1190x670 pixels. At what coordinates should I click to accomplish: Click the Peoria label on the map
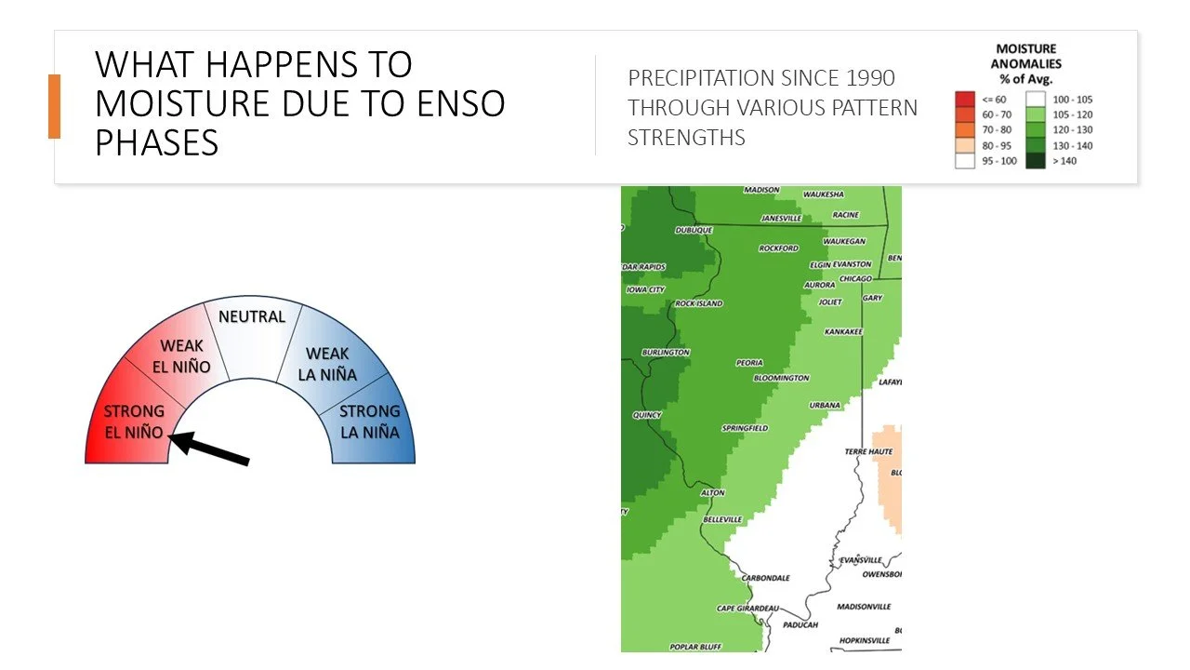click(749, 363)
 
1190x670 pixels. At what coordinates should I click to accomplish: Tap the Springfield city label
click(745, 428)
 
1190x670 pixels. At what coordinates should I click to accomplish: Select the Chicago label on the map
click(855, 278)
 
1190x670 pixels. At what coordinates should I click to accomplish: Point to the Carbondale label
click(766, 578)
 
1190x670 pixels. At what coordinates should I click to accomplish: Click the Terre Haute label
click(868, 451)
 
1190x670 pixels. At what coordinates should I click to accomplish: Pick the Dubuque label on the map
click(694, 230)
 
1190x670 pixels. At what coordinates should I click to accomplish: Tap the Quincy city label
click(647, 415)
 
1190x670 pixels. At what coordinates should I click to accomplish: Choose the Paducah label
click(800, 624)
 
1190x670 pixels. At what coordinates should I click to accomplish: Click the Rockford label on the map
click(779, 248)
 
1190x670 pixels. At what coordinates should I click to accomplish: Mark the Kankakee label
click(843, 331)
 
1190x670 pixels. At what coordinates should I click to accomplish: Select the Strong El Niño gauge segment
click(130, 423)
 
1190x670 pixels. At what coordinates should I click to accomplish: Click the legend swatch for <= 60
click(964, 99)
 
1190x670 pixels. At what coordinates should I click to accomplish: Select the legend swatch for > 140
click(1036, 161)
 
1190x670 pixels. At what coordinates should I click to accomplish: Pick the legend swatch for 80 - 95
click(964, 145)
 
